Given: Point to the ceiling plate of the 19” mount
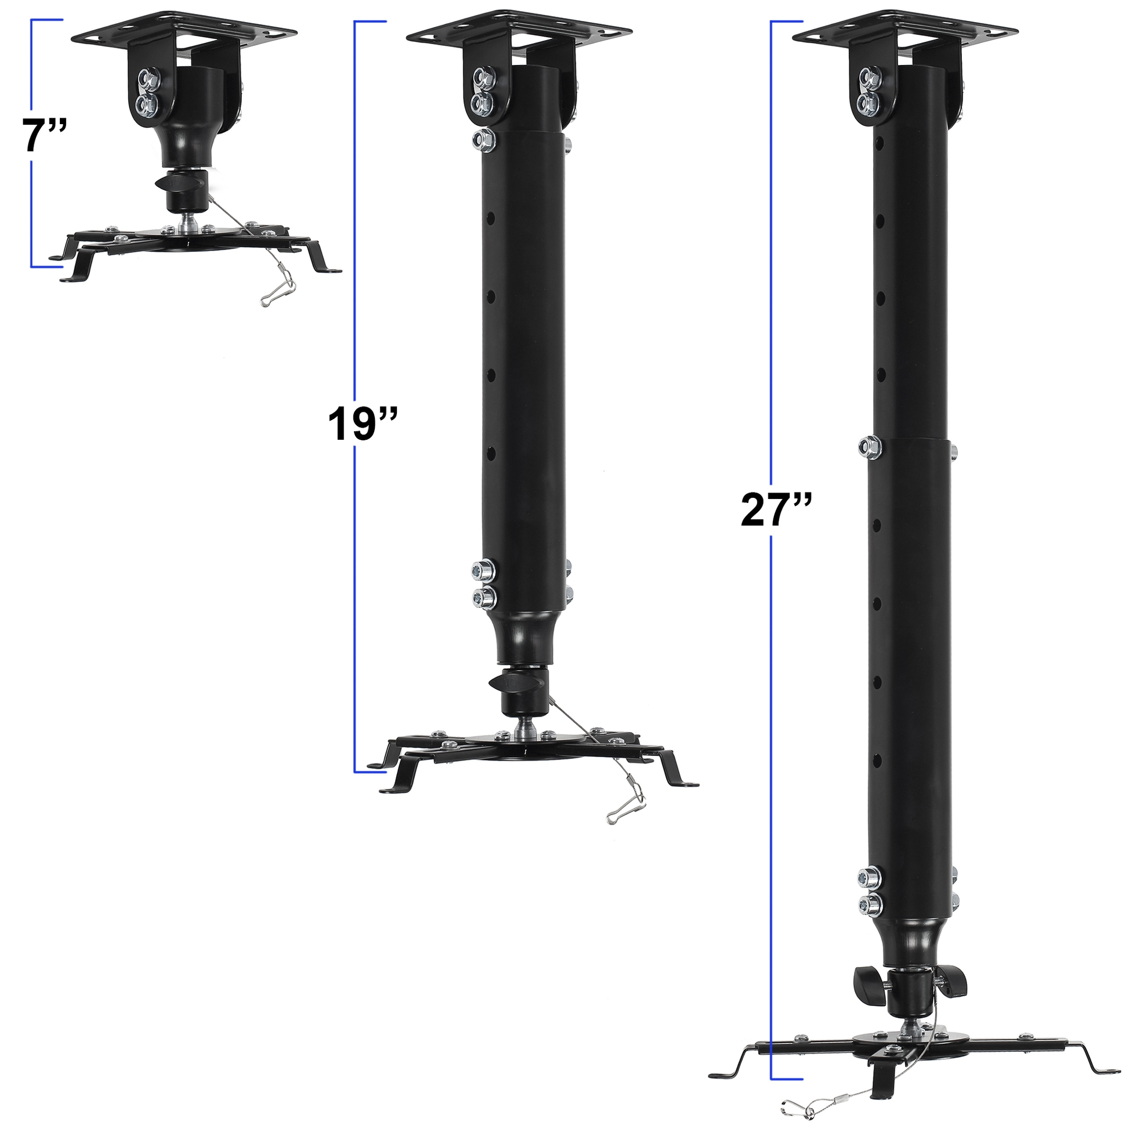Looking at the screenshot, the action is click(x=519, y=27).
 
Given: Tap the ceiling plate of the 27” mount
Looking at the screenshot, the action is click(x=904, y=27).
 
